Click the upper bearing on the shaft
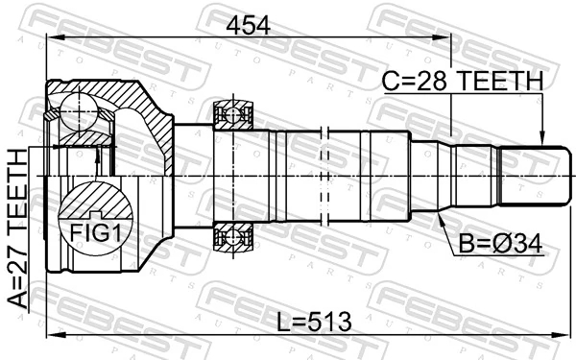(x=232, y=116)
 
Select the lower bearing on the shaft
(x=232, y=234)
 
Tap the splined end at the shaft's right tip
(x=528, y=176)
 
